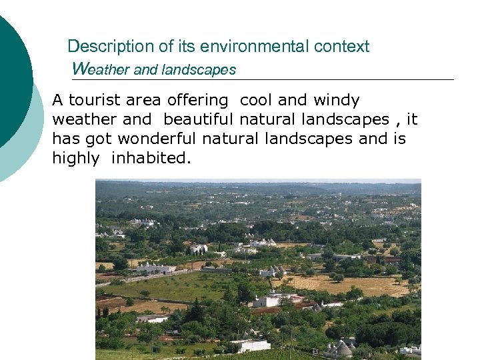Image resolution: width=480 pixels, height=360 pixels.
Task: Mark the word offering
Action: point(198,101)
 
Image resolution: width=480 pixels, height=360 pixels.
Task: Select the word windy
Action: point(336,101)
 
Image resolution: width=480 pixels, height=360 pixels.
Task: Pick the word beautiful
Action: point(198,120)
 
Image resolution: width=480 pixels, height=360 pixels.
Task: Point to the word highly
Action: point(74,159)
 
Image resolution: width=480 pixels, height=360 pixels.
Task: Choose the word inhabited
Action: point(151,159)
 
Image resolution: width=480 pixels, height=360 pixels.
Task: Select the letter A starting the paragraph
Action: point(57,101)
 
